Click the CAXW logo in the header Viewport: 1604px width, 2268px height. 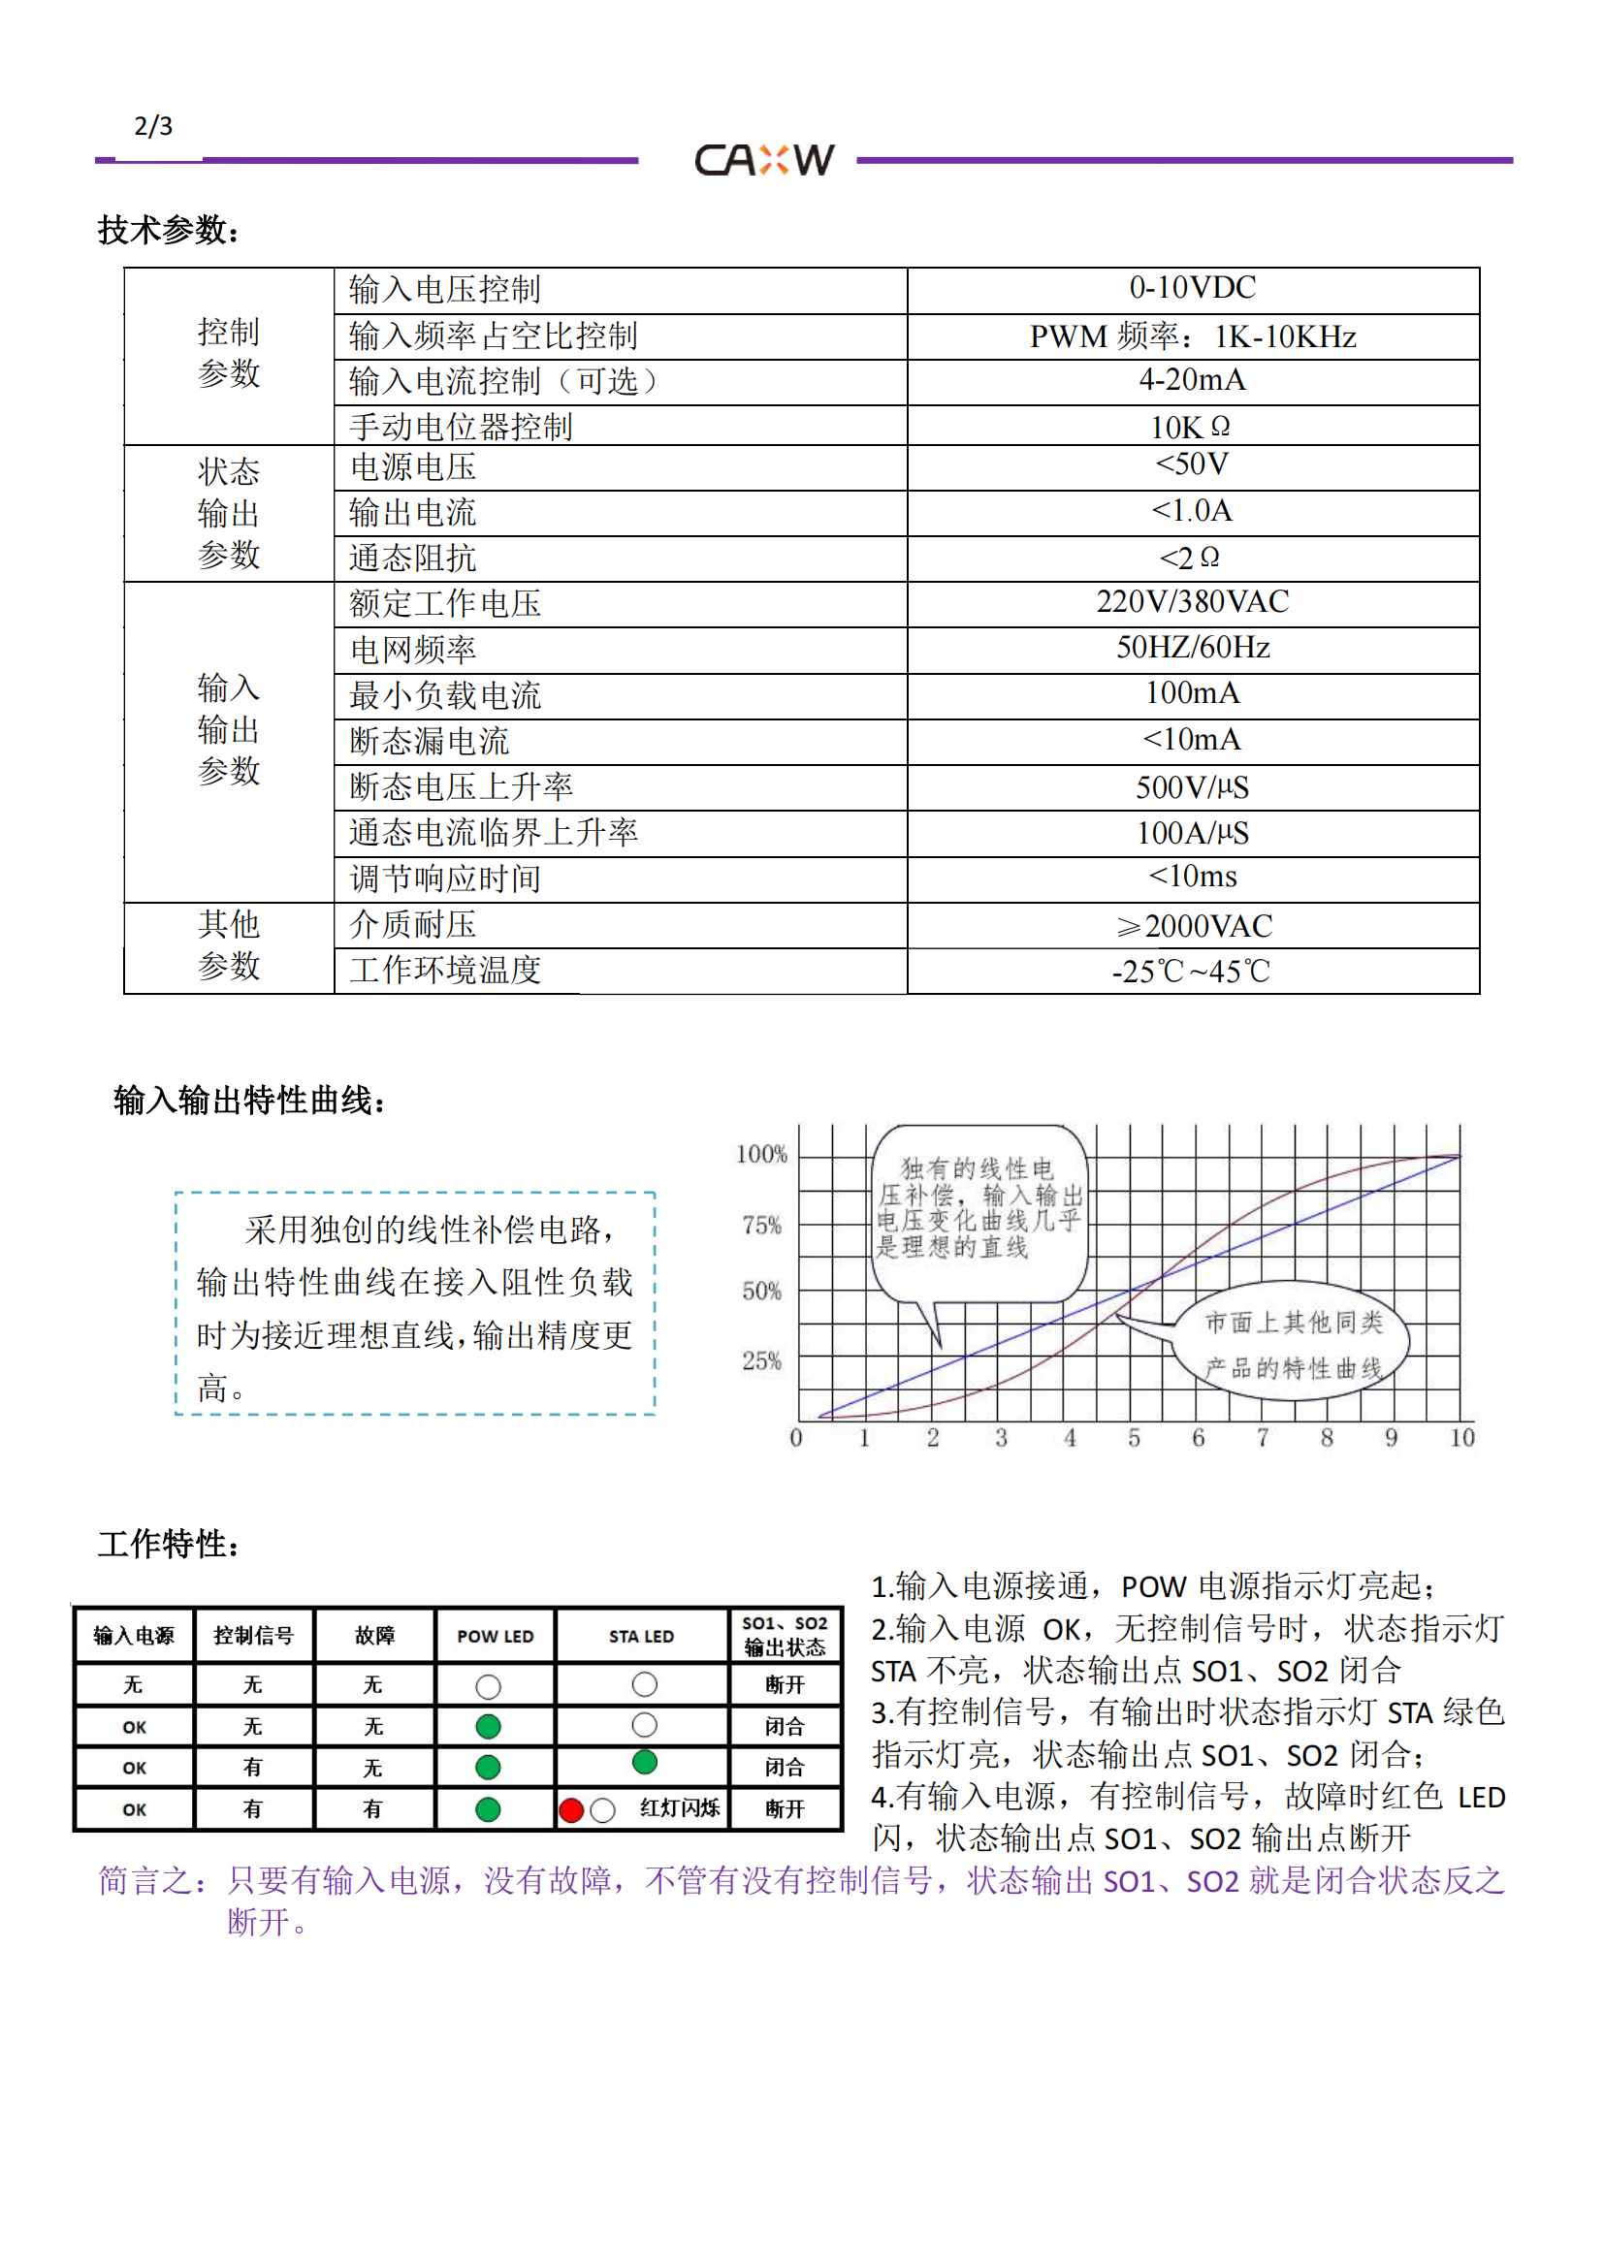coord(764,160)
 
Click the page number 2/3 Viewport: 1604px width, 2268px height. coord(153,126)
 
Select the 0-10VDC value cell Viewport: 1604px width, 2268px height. coord(1192,288)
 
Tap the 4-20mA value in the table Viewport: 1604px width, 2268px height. coord(1192,380)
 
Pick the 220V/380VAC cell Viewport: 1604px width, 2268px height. coord(1192,601)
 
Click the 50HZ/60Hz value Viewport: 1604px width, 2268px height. coord(1192,648)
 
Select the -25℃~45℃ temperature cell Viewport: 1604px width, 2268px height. coord(1191,972)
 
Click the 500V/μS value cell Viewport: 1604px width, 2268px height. coord(1192,787)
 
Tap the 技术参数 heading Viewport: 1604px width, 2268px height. coord(168,231)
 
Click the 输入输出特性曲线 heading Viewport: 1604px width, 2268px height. coord(249,1101)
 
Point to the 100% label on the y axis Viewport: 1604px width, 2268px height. coord(761,1154)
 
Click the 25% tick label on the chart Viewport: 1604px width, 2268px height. coord(761,1361)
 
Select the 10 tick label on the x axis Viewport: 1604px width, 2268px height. coord(1461,1438)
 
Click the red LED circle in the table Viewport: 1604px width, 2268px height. coord(571,1810)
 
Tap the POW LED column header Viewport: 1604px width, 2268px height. coord(495,1637)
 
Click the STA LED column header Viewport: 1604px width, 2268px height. coord(641,1637)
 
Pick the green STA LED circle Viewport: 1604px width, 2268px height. coord(645,1761)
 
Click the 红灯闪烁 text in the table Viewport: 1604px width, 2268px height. coord(680,1808)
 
